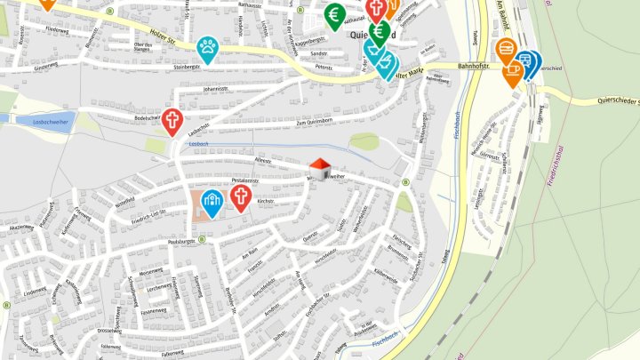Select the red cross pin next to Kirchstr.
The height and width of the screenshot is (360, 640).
pos(240,196)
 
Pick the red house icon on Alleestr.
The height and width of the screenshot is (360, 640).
pos(320,166)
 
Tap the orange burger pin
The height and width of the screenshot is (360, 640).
pos(507,48)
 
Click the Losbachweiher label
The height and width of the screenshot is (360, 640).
pos(49,120)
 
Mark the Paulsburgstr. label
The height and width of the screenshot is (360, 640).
pos(180,241)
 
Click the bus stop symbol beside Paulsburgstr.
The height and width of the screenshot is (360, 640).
pos(202,239)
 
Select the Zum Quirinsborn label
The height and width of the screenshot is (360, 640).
pos(314,122)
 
